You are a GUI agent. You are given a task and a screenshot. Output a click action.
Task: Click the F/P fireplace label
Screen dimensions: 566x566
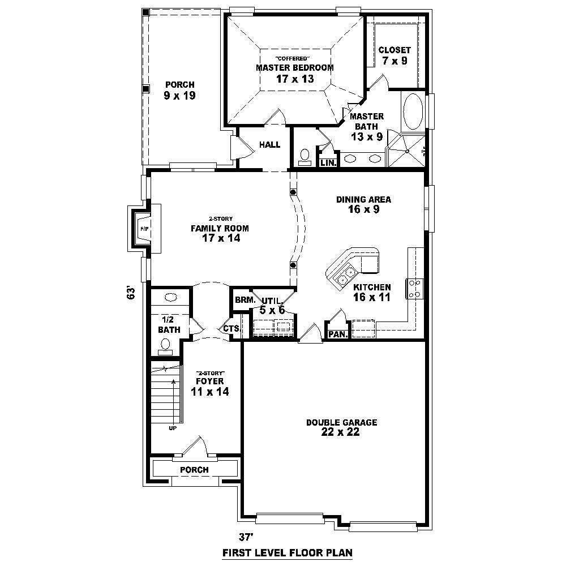pos(143,229)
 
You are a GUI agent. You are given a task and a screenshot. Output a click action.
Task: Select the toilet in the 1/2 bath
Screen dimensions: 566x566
pos(166,345)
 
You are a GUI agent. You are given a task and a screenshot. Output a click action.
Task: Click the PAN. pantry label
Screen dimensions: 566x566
pos(338,335)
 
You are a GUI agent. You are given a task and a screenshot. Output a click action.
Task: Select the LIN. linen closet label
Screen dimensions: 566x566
pos(328,163)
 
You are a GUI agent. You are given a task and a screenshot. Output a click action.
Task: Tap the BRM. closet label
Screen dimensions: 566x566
pos(243,300)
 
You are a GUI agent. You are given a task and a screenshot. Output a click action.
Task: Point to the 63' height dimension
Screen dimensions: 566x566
pos(131,293)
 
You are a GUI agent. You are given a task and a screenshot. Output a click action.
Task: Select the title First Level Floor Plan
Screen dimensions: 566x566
pos(288,553)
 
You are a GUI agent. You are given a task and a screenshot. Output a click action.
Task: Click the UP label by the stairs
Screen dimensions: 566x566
pos(172,428)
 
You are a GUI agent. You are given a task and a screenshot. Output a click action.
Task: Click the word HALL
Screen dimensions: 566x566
pos(269,145)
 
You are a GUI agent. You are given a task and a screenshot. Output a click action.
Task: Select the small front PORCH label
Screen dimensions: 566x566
pos(194,470)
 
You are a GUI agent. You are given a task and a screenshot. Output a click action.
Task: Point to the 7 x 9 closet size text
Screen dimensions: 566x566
pos(395,61)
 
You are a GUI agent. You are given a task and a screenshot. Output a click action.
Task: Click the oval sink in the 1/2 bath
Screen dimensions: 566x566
pos(170,297)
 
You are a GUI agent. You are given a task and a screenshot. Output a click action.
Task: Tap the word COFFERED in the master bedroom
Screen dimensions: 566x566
pos(292,58)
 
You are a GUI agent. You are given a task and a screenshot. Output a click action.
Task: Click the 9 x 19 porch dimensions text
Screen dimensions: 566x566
pos(179,96)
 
